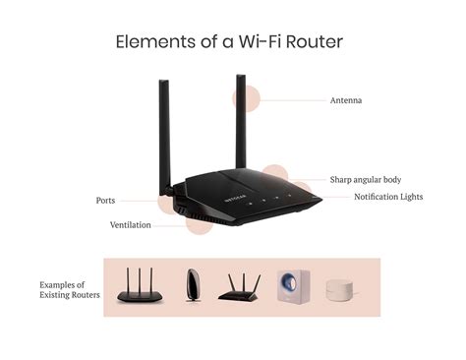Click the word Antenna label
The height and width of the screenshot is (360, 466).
pyautogui.click(x=346, y=99)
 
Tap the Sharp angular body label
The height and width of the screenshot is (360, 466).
pyautogui.click(x=366, y=180)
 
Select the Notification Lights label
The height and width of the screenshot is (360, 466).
pyautogui.click(x=390, y=197)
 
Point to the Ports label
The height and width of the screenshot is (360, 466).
pyautogui.click(x=105, y=201)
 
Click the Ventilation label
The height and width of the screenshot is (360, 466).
pyautogui.click(x=131, y=225)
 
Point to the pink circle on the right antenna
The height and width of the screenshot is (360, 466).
pyautogui.click(x=246, y=98)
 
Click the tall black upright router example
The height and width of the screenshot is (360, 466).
pyautogui.click(x=192, y=285)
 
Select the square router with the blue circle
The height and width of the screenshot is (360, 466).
pyautogui.click(x=292, y=285)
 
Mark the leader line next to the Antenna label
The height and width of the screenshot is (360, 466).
pyautogui.click(x=295, y=99)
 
